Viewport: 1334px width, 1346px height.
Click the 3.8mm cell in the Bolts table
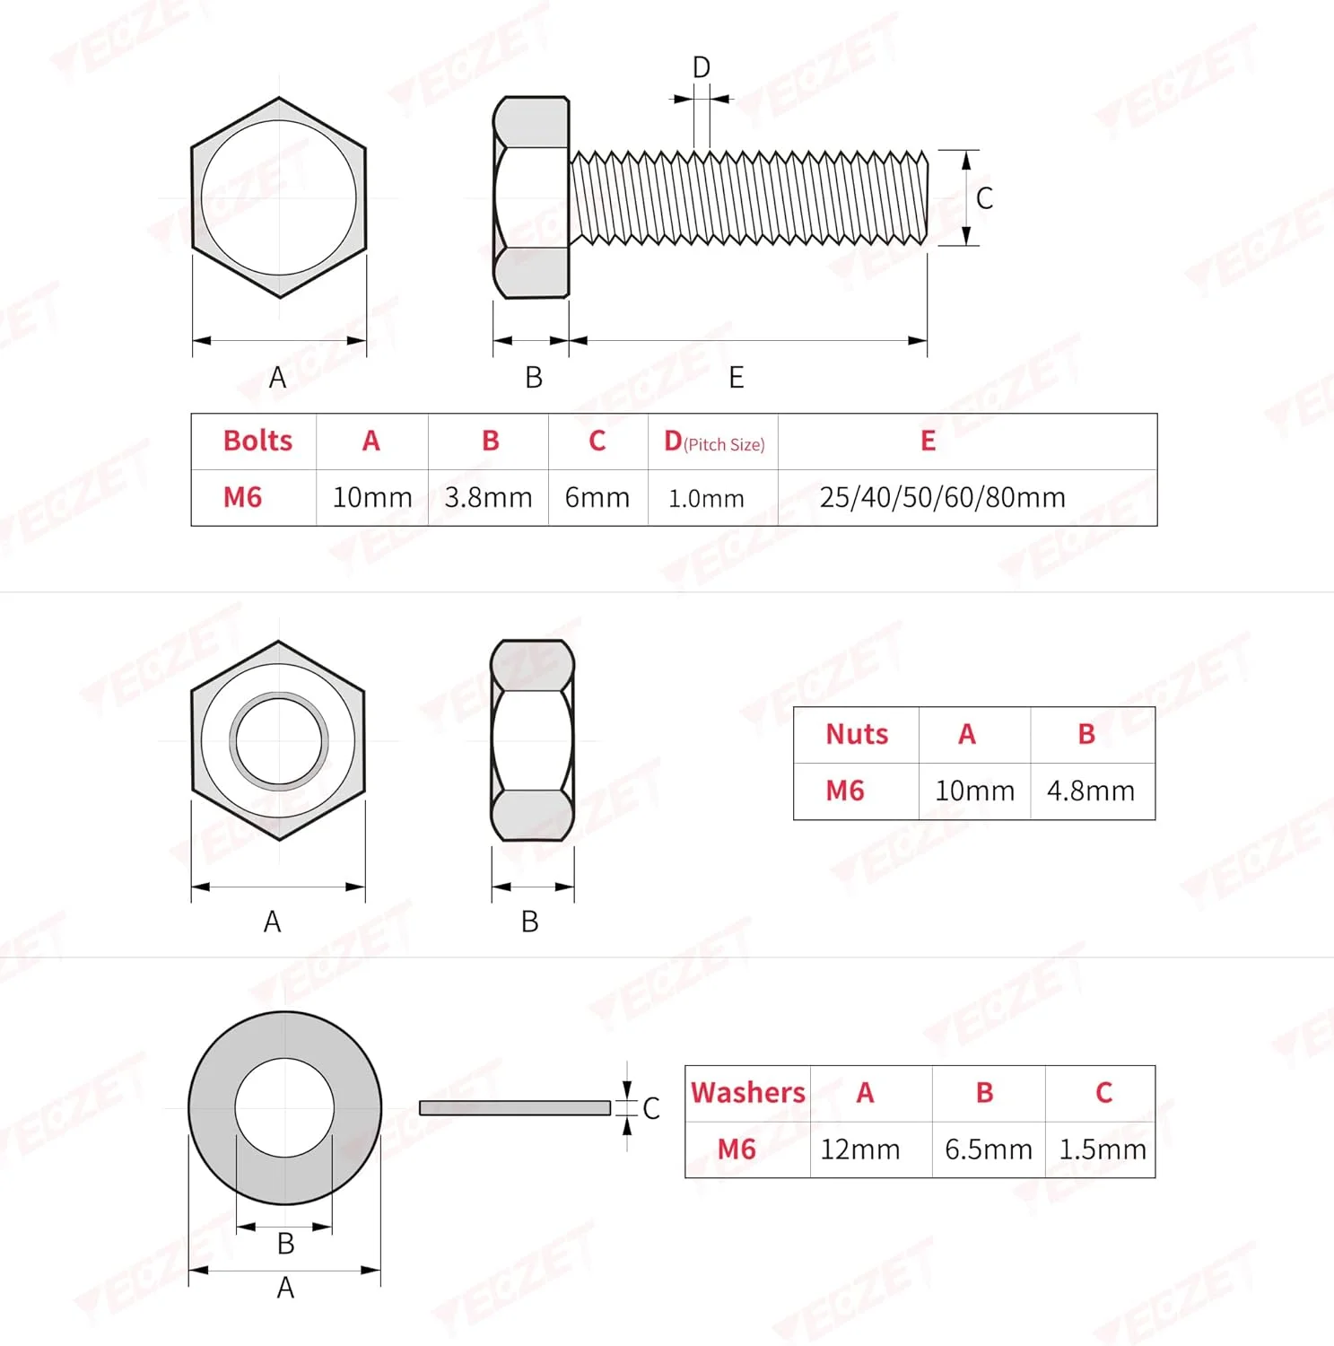click(488, 497)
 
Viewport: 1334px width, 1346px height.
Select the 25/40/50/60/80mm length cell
click(942, 497)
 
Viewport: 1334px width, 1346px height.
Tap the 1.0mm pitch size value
click(706, 498)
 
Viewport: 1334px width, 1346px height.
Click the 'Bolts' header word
click(257, 441)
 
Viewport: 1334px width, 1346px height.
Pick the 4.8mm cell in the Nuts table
click(1090, 791)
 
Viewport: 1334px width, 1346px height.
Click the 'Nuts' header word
click(857, 734)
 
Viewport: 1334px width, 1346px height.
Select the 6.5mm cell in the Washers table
click(989, 1149)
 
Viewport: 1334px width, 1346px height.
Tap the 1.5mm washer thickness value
click(1103, 1149)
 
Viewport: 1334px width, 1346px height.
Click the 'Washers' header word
click(748, 1092)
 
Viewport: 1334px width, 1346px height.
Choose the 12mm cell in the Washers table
click(859, 1149)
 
